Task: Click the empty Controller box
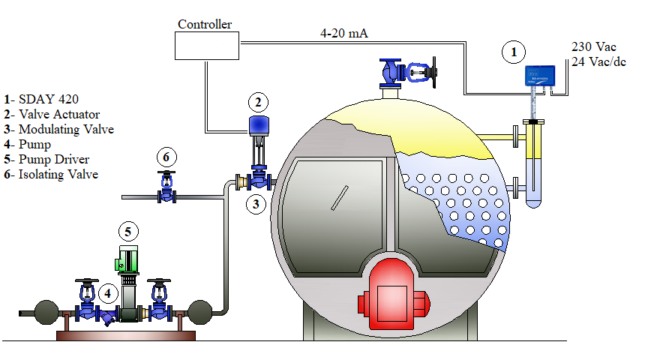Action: coord(207,46)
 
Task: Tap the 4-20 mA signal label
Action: coord(343,33)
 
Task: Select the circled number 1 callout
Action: coord(514,52)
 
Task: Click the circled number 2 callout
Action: coord(258,102)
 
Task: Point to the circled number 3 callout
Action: coord(256,204)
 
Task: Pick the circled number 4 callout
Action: coord(107,293)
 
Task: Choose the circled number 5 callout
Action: coord(128,232)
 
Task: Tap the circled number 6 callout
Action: coord(166,157)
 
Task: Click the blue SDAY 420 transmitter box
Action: coord(540,76)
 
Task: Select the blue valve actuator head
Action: coord(259,126)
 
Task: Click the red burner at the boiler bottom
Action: coord(392,295)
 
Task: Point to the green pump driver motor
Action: coord(127,260)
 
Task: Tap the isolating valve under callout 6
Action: coord(166,187)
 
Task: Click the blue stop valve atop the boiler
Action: coord(406,73)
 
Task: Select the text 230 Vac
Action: coord(593,46)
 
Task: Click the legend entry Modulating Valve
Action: coord(66,129)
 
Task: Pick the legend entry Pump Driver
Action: coord(54,159)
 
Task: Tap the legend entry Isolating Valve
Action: coord(58,174)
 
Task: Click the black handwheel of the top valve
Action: coord(433,73)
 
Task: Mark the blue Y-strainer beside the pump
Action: coord(107,317)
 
